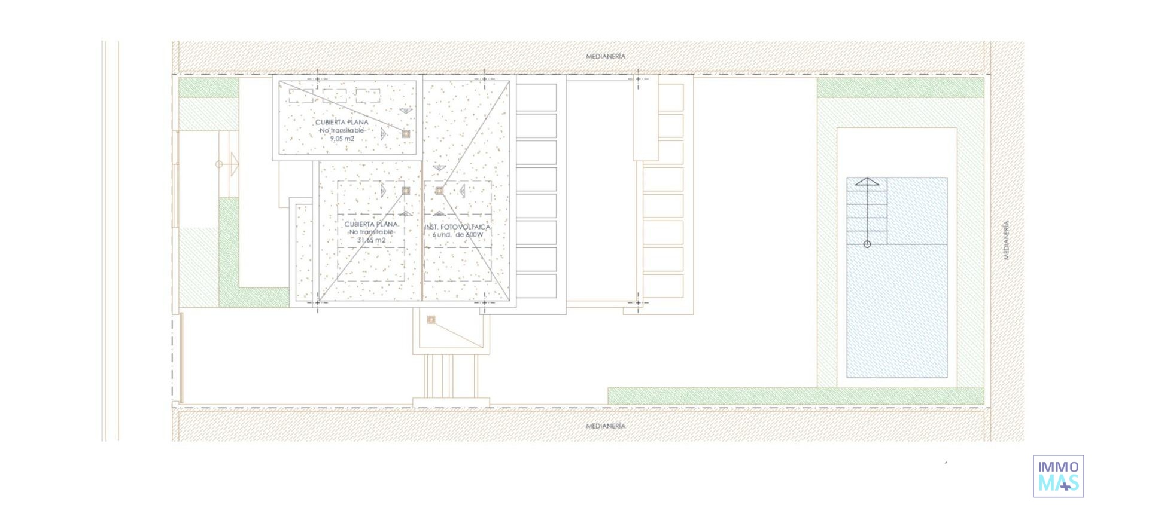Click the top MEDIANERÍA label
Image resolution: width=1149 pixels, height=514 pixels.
(605, 56)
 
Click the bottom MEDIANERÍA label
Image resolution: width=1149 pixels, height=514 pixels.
(605, 426)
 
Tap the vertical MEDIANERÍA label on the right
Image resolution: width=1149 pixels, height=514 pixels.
(1006, 240)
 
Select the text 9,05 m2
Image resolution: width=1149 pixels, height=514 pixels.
(342, 139)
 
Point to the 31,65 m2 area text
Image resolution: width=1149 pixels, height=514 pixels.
(371, 240)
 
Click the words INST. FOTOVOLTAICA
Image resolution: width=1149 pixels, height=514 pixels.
(457, 227)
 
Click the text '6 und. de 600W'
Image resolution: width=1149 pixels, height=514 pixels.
(457, 235)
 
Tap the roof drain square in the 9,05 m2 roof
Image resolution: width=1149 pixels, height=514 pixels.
(406, 134)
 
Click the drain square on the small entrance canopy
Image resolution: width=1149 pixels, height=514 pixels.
(431, 320)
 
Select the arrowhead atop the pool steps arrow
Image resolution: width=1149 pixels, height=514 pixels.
(867, 182)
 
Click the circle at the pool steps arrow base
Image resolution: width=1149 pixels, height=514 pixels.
(867, 244)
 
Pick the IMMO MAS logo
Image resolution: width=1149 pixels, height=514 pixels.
(1058, 476)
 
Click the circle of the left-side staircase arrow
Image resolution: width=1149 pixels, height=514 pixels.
(219, 164)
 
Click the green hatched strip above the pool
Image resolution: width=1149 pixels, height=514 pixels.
(900, 87)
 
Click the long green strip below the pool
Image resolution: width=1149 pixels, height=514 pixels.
(796, 396)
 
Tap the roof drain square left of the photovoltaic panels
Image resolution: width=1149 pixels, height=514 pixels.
(439, 191)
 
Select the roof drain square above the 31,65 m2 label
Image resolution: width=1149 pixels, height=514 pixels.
(406, 191)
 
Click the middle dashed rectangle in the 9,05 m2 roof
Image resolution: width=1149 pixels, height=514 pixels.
(334, 96)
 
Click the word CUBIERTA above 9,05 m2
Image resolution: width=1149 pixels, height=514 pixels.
(328, 122)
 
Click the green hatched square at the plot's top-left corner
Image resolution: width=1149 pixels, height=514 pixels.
(208, 87)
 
